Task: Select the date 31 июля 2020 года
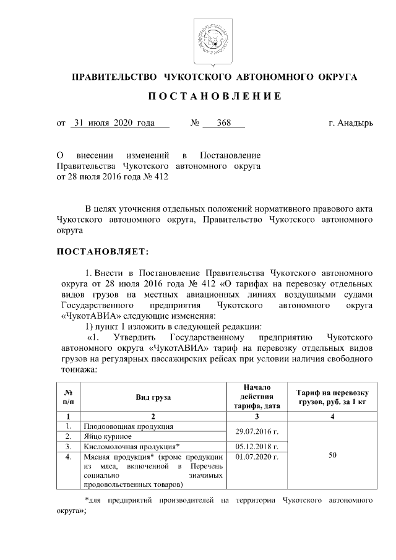coord(113,123)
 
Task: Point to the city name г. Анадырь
coord(350,123)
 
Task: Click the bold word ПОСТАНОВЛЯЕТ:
coord(103,252)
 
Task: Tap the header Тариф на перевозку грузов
coord(332,397)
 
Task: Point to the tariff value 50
coord(332,455)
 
